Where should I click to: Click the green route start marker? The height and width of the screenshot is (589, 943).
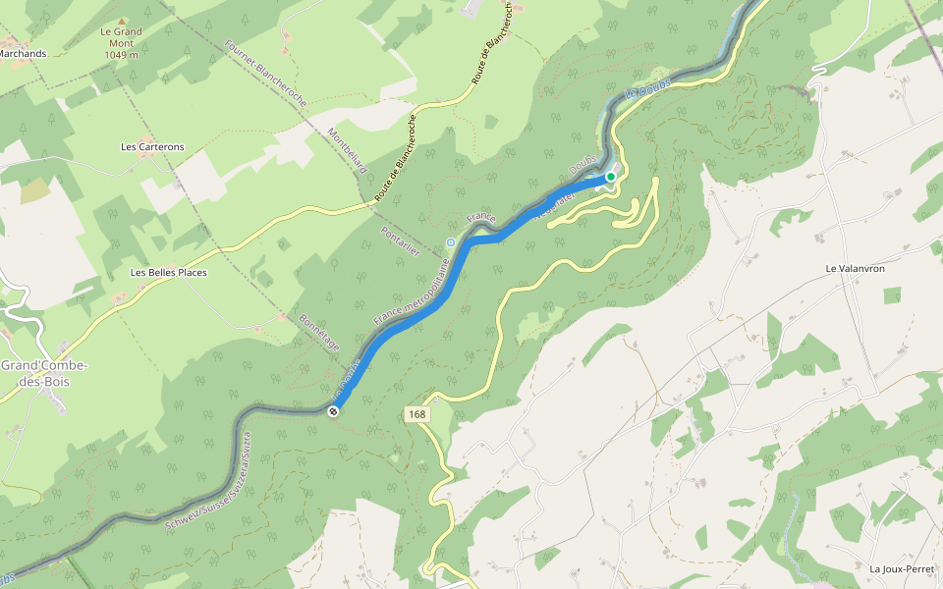[x=610, y=177]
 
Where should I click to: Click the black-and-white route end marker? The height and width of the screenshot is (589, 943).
[x=334, y=411]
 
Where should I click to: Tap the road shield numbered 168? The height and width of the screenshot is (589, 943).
[x=417, y=415]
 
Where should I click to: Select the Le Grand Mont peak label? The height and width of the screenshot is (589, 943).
[x=121, y=31]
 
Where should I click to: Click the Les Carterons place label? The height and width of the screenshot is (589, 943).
[x=152, y=147]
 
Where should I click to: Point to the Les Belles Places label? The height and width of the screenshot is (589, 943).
[x=169, y=272]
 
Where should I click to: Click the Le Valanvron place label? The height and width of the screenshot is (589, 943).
[x=857, y=268]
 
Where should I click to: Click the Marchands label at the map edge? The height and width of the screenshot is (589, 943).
[x=23, y=54]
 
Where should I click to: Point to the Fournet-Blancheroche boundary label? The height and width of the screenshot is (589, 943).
[x=266, y=75]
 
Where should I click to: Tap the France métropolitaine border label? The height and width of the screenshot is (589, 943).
[x=412, y=292]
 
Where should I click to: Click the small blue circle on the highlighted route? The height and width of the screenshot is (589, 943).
[x=451, y=242]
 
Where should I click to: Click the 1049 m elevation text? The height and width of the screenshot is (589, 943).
[x=121, y=55]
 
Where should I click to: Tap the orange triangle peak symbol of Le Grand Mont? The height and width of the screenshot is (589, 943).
[x=122, y=20]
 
